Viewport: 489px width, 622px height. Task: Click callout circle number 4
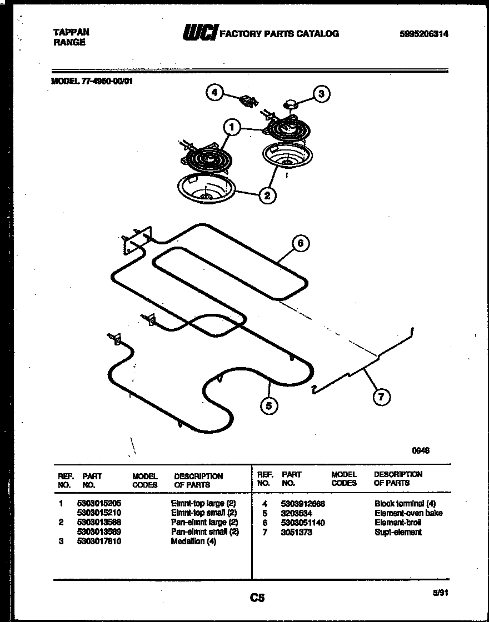[x=214, y=92]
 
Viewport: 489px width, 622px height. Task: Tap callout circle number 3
[x=321, y=94]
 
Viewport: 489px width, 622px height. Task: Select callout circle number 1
[x=232, y=129]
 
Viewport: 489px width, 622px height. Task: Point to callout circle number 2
[x=267, y=195]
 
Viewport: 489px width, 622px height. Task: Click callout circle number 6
[x=300, y=243]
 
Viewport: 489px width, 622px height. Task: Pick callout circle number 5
[x=269, y=406]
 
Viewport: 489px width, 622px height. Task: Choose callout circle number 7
[x=381, y=397]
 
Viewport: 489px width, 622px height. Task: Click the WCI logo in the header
[x=200, y=34]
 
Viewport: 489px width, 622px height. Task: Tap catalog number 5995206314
[x=423, y=34]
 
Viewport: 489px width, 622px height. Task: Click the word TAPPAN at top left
[x=70, y=33]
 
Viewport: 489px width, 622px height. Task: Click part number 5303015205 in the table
[x=98, y=503]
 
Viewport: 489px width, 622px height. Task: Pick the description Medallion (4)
[x=193, y=541]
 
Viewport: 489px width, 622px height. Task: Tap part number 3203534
[x=297, y=513]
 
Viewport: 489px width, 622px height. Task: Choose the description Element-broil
[x=398, y=523]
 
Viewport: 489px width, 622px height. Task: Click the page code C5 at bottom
[x=256, y=598]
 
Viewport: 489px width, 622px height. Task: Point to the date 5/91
[x=440, y=593]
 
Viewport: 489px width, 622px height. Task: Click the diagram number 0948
[x=420, y=450]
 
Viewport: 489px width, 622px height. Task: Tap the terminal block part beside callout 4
[x=248, y=101]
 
